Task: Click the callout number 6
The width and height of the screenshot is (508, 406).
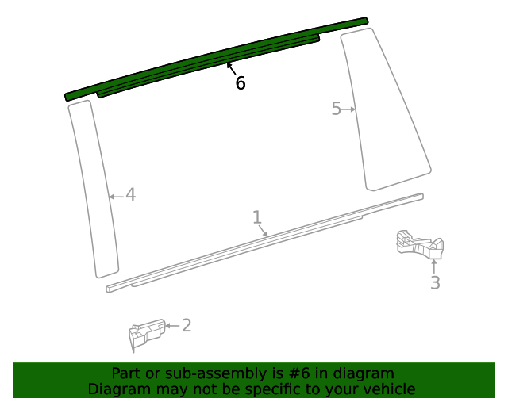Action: tap(240, 82)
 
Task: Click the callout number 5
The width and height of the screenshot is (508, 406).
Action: tap(336, 109)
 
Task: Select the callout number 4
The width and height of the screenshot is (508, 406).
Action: tap(130, 194)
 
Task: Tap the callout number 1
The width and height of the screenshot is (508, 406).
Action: tap(257, 216)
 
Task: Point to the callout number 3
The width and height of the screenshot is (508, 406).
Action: tap(435, 282)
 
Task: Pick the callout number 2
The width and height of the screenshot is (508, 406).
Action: tap(187, 325)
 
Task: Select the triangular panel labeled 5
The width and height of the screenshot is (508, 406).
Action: tap(385, 111)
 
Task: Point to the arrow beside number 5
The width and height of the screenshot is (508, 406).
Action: tap(348, 109)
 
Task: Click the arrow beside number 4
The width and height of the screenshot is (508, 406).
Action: tap(116, 195)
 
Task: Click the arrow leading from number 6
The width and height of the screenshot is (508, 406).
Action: tap(231, 69)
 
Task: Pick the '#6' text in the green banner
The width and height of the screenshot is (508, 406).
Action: tap(302, 373)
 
